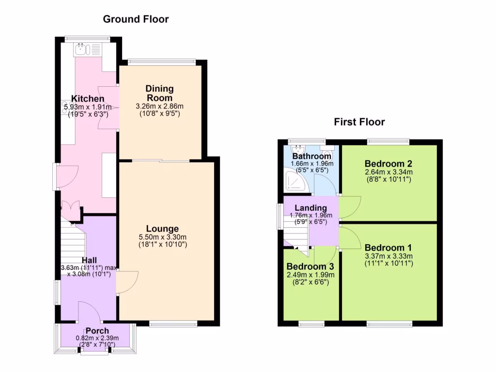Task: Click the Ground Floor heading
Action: [136, 19]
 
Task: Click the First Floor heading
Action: [359, 122]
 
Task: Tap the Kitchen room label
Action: [88, 99]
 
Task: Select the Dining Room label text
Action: [159, 93]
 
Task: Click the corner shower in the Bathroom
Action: [294, 181]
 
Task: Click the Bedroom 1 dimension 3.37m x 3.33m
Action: [388, 256]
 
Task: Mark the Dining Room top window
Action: [162, 62]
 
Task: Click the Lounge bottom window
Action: [173, 324]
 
